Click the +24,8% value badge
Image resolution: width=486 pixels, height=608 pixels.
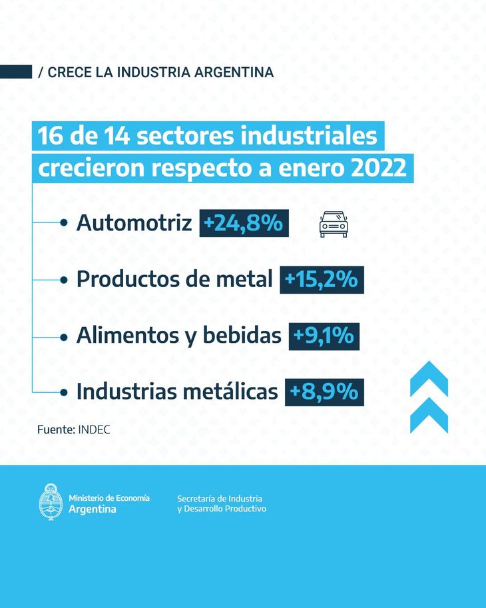click(244, 224)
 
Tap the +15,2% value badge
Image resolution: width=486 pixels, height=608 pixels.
click(322, 280)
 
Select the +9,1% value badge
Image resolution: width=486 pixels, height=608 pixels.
click(324, 336)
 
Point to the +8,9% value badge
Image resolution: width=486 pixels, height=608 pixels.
click(324, 392)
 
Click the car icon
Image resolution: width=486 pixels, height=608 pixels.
click(334, 224)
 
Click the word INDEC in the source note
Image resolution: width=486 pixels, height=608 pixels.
click(94, 430)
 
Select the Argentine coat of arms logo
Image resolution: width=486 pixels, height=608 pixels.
click(51, 502)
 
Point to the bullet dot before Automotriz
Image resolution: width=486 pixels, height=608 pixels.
click(65, 224)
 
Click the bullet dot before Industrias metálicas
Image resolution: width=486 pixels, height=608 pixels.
click(65, 392)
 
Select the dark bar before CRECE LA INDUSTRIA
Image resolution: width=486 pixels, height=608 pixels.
click(16, 72)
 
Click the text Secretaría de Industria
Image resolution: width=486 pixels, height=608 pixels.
click(220, 498)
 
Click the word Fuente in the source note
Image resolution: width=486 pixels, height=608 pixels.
click(55, 430)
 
